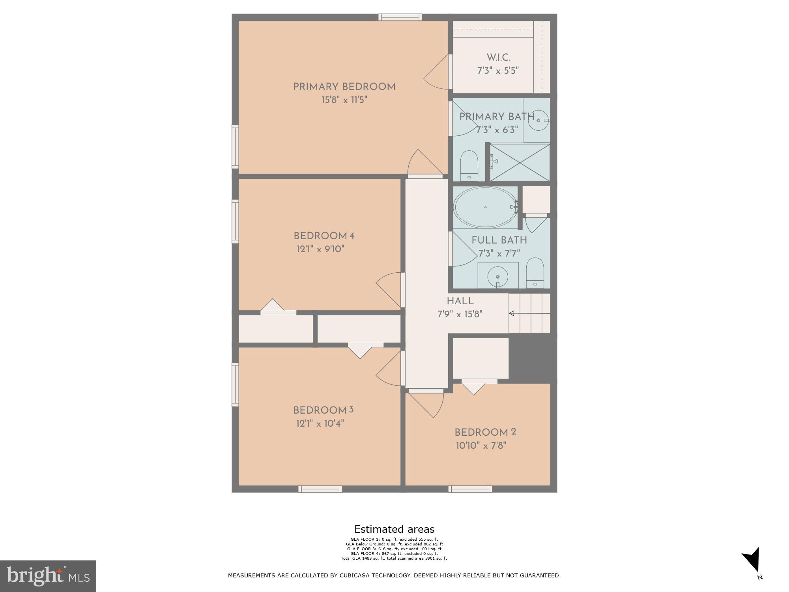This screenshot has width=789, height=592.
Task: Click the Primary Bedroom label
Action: [344, 87]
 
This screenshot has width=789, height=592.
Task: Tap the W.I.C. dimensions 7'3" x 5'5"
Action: [498, 71]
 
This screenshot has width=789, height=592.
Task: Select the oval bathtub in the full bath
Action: [485, 207]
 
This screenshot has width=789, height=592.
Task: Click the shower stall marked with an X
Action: [520, 162]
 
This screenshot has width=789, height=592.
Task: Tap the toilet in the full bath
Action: [535, 272]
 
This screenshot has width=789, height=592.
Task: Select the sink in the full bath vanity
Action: [498, 277]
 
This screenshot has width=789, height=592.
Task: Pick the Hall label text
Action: [460, 301]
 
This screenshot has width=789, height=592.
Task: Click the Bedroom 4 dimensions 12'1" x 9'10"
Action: [320, 249]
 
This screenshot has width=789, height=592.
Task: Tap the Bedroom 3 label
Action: [323, 410]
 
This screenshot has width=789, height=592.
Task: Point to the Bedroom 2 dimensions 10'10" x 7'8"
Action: [481, 446]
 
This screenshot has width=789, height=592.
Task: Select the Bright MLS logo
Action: [48, 576]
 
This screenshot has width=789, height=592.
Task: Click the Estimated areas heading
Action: [394, 529]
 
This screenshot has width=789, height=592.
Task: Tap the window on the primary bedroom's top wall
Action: [400, 17]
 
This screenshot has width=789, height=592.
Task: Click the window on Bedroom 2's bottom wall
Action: [470, 489]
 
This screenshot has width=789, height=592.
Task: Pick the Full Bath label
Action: [499, 240]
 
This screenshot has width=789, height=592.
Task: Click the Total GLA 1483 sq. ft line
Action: [394, 558]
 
